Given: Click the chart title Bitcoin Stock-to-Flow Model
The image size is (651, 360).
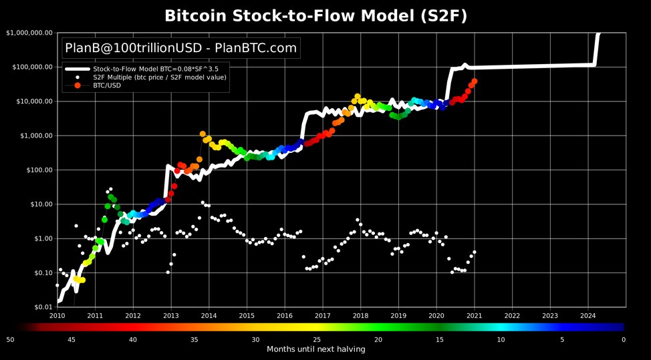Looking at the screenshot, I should point(325,15).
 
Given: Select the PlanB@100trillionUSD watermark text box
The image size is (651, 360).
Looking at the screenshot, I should point(180,48).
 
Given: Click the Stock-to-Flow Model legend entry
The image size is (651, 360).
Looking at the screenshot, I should point(160,69).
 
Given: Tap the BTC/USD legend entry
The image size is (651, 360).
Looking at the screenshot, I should point(107,86).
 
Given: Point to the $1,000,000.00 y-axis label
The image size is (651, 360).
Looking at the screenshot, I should point(28,33).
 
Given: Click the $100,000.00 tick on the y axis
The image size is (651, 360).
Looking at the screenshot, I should point(30,67).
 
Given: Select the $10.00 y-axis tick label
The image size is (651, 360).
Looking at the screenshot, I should point(37,204).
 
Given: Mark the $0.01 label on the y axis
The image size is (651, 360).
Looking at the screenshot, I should point(39,307).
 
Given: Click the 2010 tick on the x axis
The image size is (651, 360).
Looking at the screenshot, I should point(57,315).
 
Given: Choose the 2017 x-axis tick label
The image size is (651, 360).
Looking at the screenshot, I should point(322,315).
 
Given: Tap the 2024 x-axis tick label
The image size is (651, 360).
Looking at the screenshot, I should point(588,315).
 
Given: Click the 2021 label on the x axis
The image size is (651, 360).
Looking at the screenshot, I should point(474,315).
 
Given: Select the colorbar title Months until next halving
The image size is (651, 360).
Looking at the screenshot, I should point(316,349).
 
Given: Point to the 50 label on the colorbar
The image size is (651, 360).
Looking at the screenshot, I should point(10,340).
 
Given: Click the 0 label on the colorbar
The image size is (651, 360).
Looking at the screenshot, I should point(623,340).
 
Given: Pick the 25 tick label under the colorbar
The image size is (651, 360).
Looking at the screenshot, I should point(317,340).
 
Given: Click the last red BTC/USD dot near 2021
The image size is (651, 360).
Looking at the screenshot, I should point(475,81).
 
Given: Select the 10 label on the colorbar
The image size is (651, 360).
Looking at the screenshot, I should point(501,340).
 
